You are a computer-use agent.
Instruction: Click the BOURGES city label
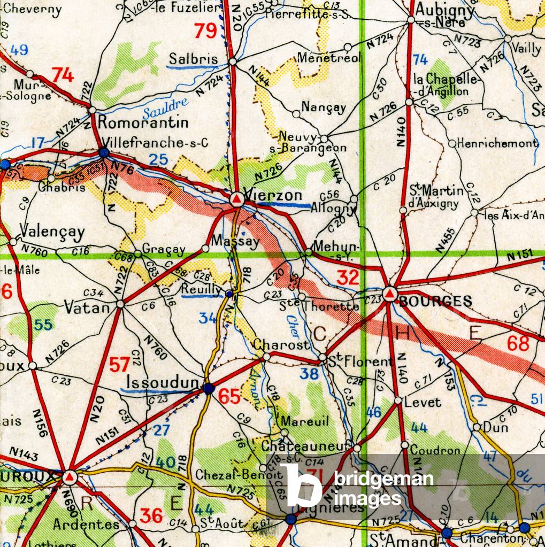click(x=435, y=301)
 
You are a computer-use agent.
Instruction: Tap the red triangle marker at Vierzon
click(x=237, y=199)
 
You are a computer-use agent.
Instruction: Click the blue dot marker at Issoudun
click(x=209, y=389)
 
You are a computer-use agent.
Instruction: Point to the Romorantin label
click(x=143, y=122)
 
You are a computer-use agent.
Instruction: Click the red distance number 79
click(x=205, y=31)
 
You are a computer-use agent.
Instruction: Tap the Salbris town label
click(x=193, y=59)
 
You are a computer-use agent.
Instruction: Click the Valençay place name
click(x=52, y=232)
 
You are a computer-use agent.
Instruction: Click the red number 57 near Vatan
click(x=120, y=365)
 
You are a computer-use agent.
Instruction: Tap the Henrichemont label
click(x=498, y=143)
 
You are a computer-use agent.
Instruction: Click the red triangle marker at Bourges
click(x=389, y=294)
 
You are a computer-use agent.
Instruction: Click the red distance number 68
click(x=518, y=343)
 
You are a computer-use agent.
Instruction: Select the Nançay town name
click(x=324, y=107)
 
